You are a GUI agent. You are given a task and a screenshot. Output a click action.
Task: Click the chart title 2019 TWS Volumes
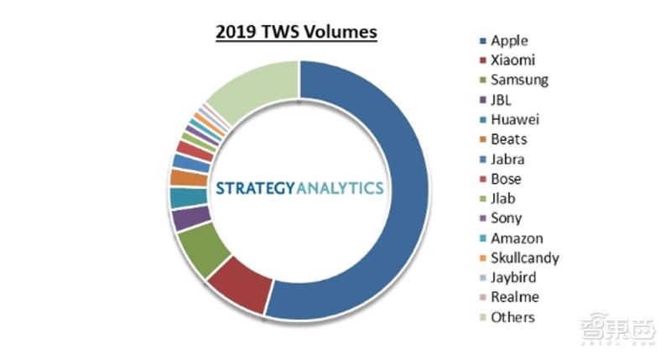coord(297,33)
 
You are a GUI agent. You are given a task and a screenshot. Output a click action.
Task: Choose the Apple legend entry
coord(509,40)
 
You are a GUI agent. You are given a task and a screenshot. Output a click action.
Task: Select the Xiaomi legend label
coord(512,60)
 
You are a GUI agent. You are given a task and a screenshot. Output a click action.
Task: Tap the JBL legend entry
coord(502,100)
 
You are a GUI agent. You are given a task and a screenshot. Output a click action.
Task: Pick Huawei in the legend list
coord(515,119)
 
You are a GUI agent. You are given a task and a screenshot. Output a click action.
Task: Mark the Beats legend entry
coord(509,139)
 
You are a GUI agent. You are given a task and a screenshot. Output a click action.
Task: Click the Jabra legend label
coord(509,159)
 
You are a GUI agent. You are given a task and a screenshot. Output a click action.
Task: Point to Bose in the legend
coord(506,179)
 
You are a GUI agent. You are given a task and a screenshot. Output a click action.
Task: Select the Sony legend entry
coord(506,218)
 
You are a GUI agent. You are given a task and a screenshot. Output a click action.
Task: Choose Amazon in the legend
coord(517,238)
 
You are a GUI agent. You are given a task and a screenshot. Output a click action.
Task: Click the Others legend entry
coord(512,317)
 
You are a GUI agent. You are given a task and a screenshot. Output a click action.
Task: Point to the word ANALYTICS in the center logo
coord(341,188)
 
